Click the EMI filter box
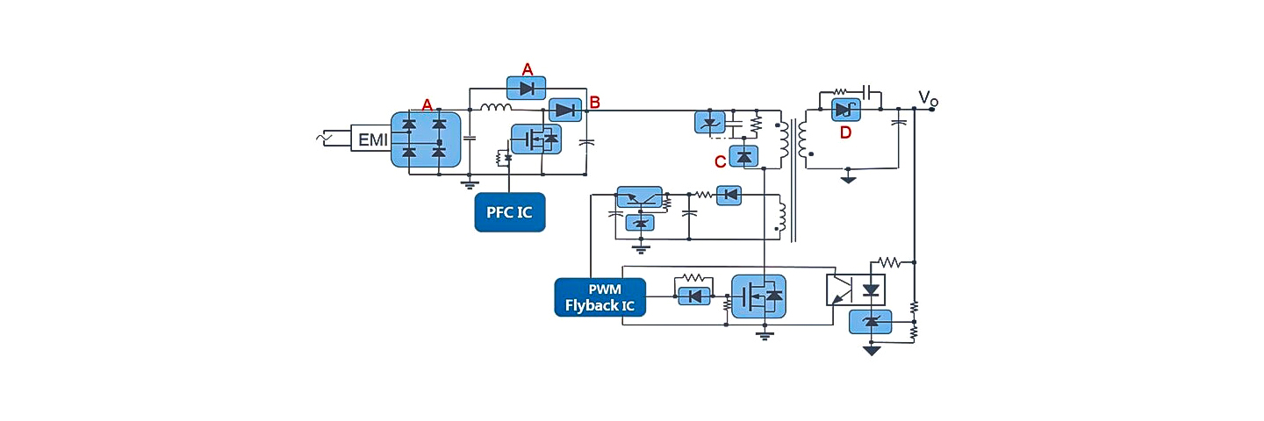pyautogui.click(x=372, y=139)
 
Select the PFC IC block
pyautogui.click(x=510, y=212)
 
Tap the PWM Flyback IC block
pyautogui.click(x=600, y=297)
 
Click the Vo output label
pyautogui.click(x=927, y=97)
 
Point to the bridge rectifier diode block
pyautogui.click(x=425, y=139)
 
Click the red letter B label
pyautogui.click(x=594, y=103)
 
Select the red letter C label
pyautogui.click(x=720, y=161)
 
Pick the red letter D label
pyautogui.click(x=845, y=132)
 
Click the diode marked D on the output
pyautogui.click(x=845, y=109)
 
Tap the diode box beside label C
pyautogui.click(x=744, y=157)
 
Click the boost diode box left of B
pyautogui.click(x=565, y=110)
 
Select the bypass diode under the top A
pyautogui.click(x=527, y=88)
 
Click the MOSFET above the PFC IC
pyautogui.click(x=536, y=139)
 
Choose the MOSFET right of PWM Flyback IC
pyautogui.click(x=758, y=297)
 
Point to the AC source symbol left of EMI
pyautogui.click(x=327, y=138)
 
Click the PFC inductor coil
pyautogui.click(x=496, y=109)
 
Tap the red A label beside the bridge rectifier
pyautogui.click(x=427, y=104)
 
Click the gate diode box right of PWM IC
pyautogui.click(x=694, y=296)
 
